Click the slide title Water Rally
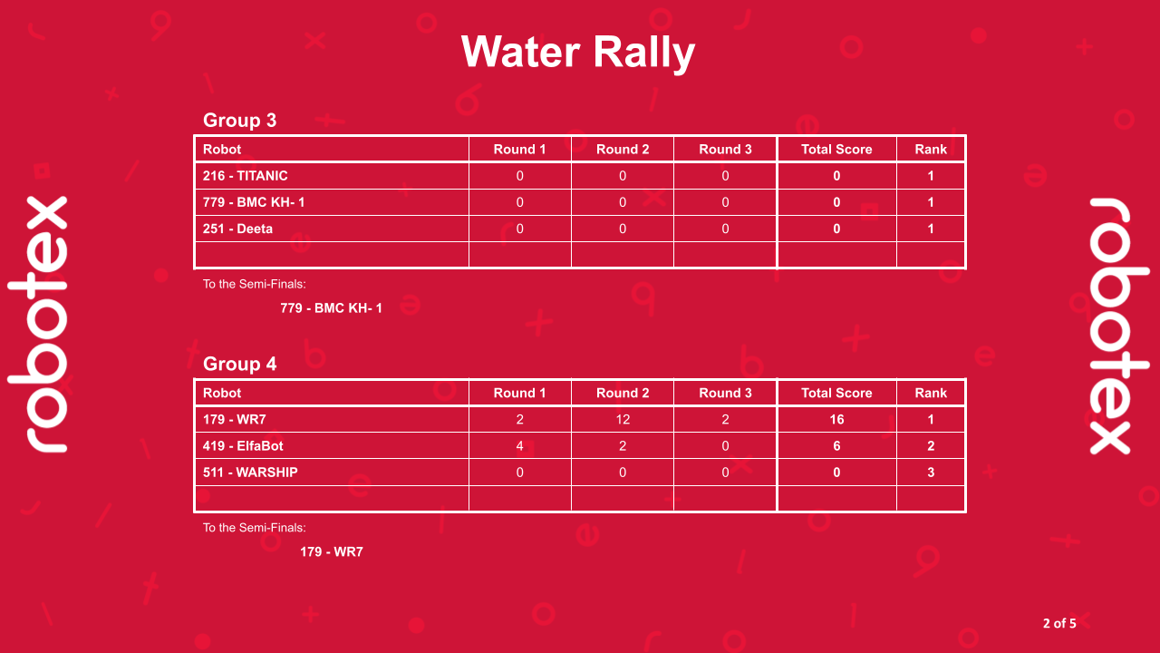[x=578, y=52]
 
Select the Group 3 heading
[x=239, y=121]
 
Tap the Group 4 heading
[x=239, y=365]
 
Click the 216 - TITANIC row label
[x=246, y=176]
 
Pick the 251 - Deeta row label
[x=237, y=229]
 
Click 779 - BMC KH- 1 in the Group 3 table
[x=254, y=202]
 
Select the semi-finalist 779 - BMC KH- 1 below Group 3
[x=331, y=308]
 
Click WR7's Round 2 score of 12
[x=623, y=420]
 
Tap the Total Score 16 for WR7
[x=836, y=420]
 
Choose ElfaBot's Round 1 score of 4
[x=519, y=446]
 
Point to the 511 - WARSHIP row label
[x=250, y=473]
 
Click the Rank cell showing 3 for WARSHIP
[x=931, y=473]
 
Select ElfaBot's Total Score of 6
[x=836, y=446]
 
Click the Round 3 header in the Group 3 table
[x=725, y=150]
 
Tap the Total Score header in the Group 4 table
[x=836, y=394]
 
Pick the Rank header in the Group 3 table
[x=931, y=150]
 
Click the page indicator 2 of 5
[x=1059, y=623]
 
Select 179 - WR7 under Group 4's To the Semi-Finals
[x=332, y=551]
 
